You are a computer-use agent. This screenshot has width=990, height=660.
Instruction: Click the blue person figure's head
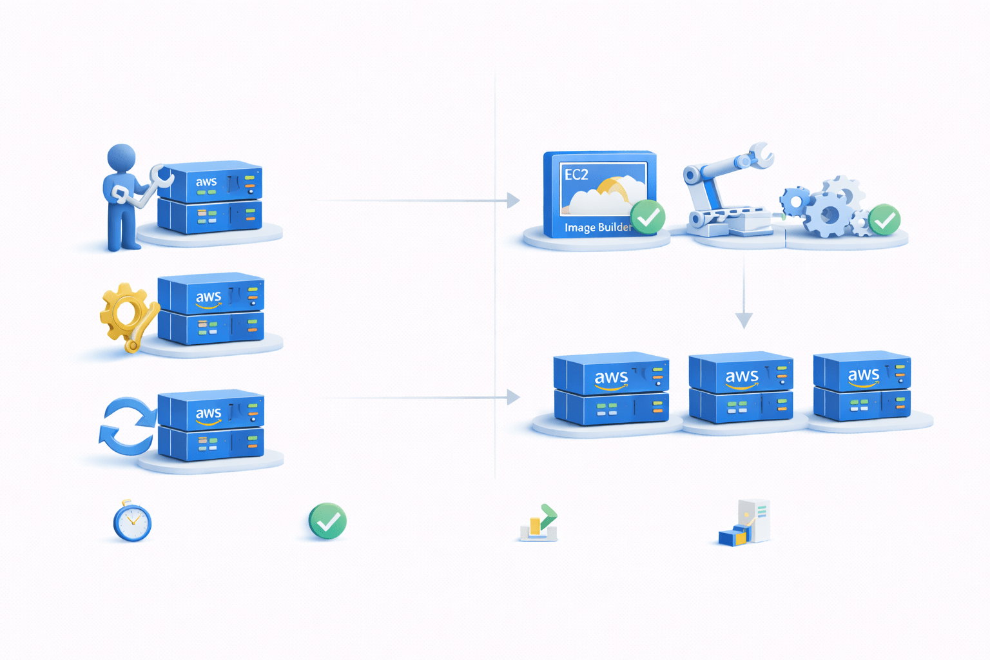[121, 158]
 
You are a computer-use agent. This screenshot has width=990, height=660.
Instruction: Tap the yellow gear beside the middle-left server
[125, 313]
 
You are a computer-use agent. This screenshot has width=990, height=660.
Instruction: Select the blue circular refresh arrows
[128, 426]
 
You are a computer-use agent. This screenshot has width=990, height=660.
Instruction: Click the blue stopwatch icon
[132, 521]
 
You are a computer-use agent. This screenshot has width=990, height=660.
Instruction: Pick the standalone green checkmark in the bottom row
[327, 521]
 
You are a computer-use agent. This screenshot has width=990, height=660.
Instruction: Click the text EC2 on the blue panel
[576, 175]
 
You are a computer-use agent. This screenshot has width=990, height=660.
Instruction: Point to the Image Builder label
[597, 228]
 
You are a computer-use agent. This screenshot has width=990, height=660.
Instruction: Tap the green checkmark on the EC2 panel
[648, 217]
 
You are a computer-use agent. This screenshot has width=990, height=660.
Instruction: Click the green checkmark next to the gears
[884, 221]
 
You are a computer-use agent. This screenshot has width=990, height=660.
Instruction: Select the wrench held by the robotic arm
[761, 154]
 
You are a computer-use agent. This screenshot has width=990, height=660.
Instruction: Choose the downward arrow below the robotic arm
[744, 319]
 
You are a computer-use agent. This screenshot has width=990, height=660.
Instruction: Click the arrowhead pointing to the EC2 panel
[514, 200]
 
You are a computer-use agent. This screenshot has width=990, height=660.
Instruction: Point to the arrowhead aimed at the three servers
[514, 397]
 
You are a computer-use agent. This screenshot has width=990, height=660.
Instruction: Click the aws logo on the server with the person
[206, 182]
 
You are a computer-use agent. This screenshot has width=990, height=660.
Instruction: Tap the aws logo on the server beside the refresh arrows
[208, 413]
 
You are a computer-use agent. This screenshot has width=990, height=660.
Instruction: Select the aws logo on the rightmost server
[863, 375]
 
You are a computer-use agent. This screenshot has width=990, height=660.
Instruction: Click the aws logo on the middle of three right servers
[741, 376]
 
